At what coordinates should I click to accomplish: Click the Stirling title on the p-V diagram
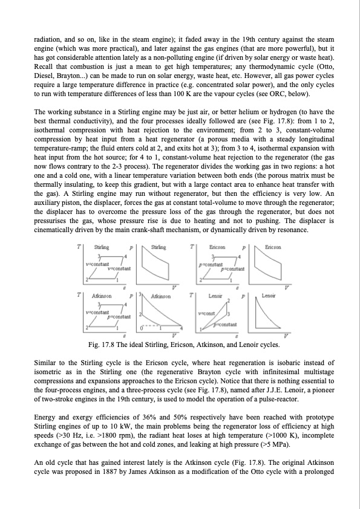pyautogui.click(x=159, y=247)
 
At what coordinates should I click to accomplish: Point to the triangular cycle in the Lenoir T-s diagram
pyautogui.click(x=215, y=314)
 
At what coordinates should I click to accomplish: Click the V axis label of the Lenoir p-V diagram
pyautogui.click(x=286, y=336)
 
